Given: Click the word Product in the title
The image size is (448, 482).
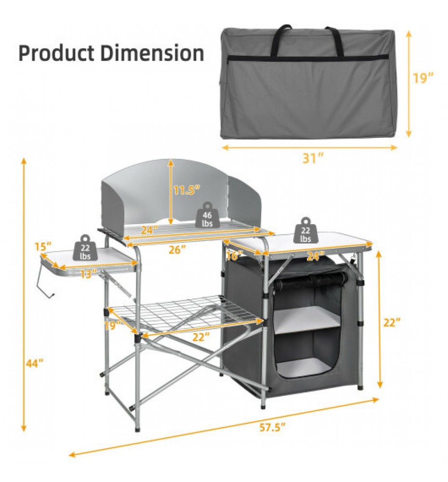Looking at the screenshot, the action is (56, 53).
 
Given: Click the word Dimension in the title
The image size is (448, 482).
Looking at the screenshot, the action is (152, 53).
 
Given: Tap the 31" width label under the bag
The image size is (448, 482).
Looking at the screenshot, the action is (313, 158).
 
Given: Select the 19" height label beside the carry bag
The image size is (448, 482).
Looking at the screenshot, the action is (422, 78).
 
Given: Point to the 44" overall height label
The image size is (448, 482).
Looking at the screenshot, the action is (34, 363).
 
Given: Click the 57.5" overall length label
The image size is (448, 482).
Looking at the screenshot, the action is (273, 427).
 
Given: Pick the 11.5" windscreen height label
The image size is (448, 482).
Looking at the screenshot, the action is (186, 190).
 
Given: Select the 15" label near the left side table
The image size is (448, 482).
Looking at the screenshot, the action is (43, 246).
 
